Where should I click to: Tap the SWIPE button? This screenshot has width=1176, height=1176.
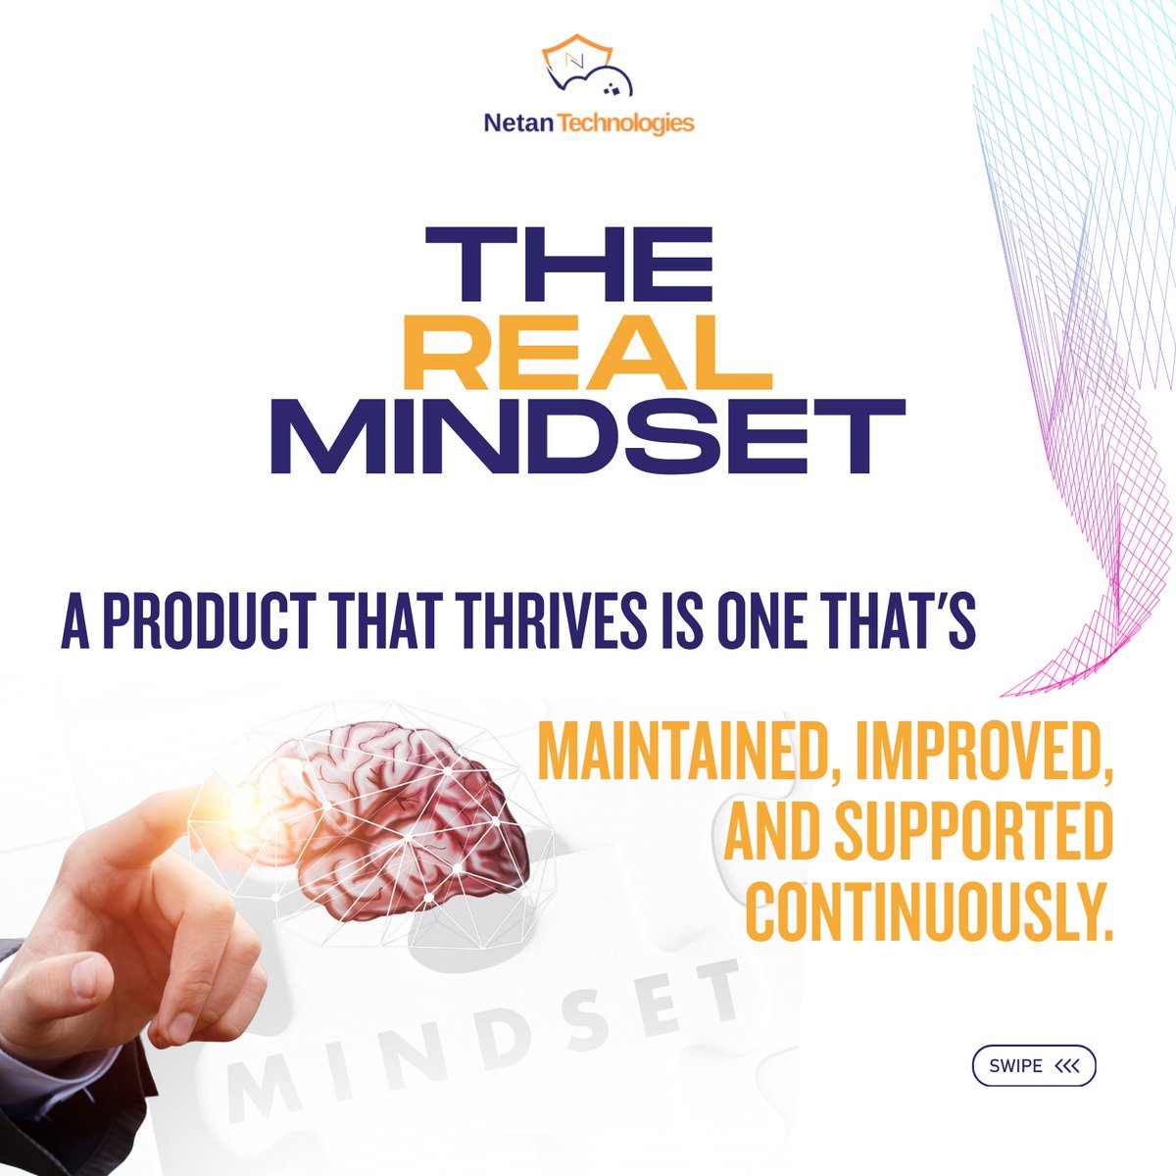pos(1033,1066)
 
